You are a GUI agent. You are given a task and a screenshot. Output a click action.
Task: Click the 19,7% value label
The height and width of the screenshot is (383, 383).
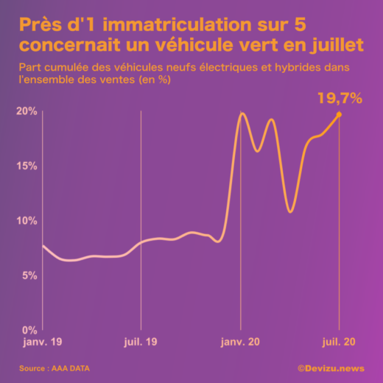(340, 99)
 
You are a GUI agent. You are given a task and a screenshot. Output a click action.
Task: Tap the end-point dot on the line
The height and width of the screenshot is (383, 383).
(339, 114)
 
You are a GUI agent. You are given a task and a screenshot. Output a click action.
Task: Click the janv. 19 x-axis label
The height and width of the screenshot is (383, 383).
(43, 342)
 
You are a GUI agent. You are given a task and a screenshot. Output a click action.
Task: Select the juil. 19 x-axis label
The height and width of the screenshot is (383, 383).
(141, 342)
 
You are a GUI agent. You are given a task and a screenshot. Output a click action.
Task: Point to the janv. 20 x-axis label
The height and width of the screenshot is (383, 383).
(240, 342)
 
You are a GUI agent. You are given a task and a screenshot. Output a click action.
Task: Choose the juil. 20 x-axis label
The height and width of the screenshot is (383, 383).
(339, 342)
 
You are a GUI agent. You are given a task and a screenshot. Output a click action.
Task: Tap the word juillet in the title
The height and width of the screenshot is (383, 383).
(337, 45)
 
